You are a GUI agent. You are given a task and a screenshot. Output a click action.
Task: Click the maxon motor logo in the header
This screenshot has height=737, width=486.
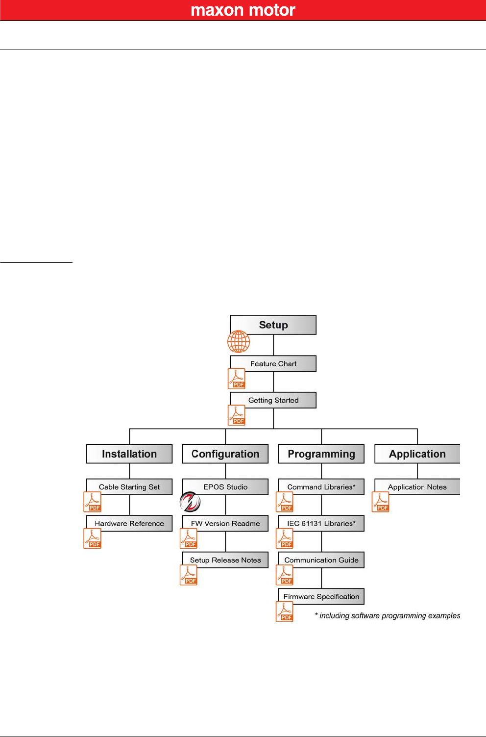click(x=243, y=10)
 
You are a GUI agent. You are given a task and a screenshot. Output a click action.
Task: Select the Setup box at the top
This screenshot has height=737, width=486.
click(x=273, y=325)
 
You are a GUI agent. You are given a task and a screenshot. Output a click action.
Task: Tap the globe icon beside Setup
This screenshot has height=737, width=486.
click(x=239, y=341)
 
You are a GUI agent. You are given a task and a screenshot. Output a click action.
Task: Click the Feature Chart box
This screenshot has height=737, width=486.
click(x=273, y=364)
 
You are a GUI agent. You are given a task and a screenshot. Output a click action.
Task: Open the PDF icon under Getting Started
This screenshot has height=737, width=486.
click(x=237, y=415)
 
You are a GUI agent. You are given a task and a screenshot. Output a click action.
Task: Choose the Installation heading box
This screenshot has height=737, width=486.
click(x=129, y=454)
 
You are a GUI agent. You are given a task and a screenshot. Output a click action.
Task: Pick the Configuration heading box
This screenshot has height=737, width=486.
click(x=225, y=454)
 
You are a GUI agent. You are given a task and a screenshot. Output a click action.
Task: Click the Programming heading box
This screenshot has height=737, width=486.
click(x=321, y=454)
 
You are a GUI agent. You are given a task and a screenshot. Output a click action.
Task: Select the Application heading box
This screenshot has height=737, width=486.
click(x=417, y=454)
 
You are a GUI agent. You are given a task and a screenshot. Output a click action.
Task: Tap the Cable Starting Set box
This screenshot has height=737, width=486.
click(x=129, y=487)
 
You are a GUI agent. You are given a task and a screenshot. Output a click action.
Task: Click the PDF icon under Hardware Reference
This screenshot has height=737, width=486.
click(x=93, y=538)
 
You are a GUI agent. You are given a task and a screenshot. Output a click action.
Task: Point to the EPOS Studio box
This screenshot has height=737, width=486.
click(x=225, y=487)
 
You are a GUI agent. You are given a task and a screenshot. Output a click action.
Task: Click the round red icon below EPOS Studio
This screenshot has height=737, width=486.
click(x=190, y=502)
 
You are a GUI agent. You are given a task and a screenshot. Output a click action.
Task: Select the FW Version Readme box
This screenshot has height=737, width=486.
click(x=225, y=523)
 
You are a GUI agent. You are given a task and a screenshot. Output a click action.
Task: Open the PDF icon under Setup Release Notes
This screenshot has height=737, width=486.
click(x=189, y=575)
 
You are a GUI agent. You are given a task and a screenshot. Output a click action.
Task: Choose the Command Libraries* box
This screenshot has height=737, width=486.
click(x=321, y=487)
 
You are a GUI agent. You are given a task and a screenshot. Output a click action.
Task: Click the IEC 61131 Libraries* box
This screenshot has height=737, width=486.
click(x=321, y=523)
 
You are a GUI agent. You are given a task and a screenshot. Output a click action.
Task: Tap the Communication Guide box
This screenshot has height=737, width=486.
click(x=321, y=560)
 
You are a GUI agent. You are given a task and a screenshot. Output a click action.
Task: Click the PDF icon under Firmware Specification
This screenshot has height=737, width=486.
click(x=285, y=611)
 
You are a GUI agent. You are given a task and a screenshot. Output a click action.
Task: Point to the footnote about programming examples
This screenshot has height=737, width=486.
click(x=387, y=616)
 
